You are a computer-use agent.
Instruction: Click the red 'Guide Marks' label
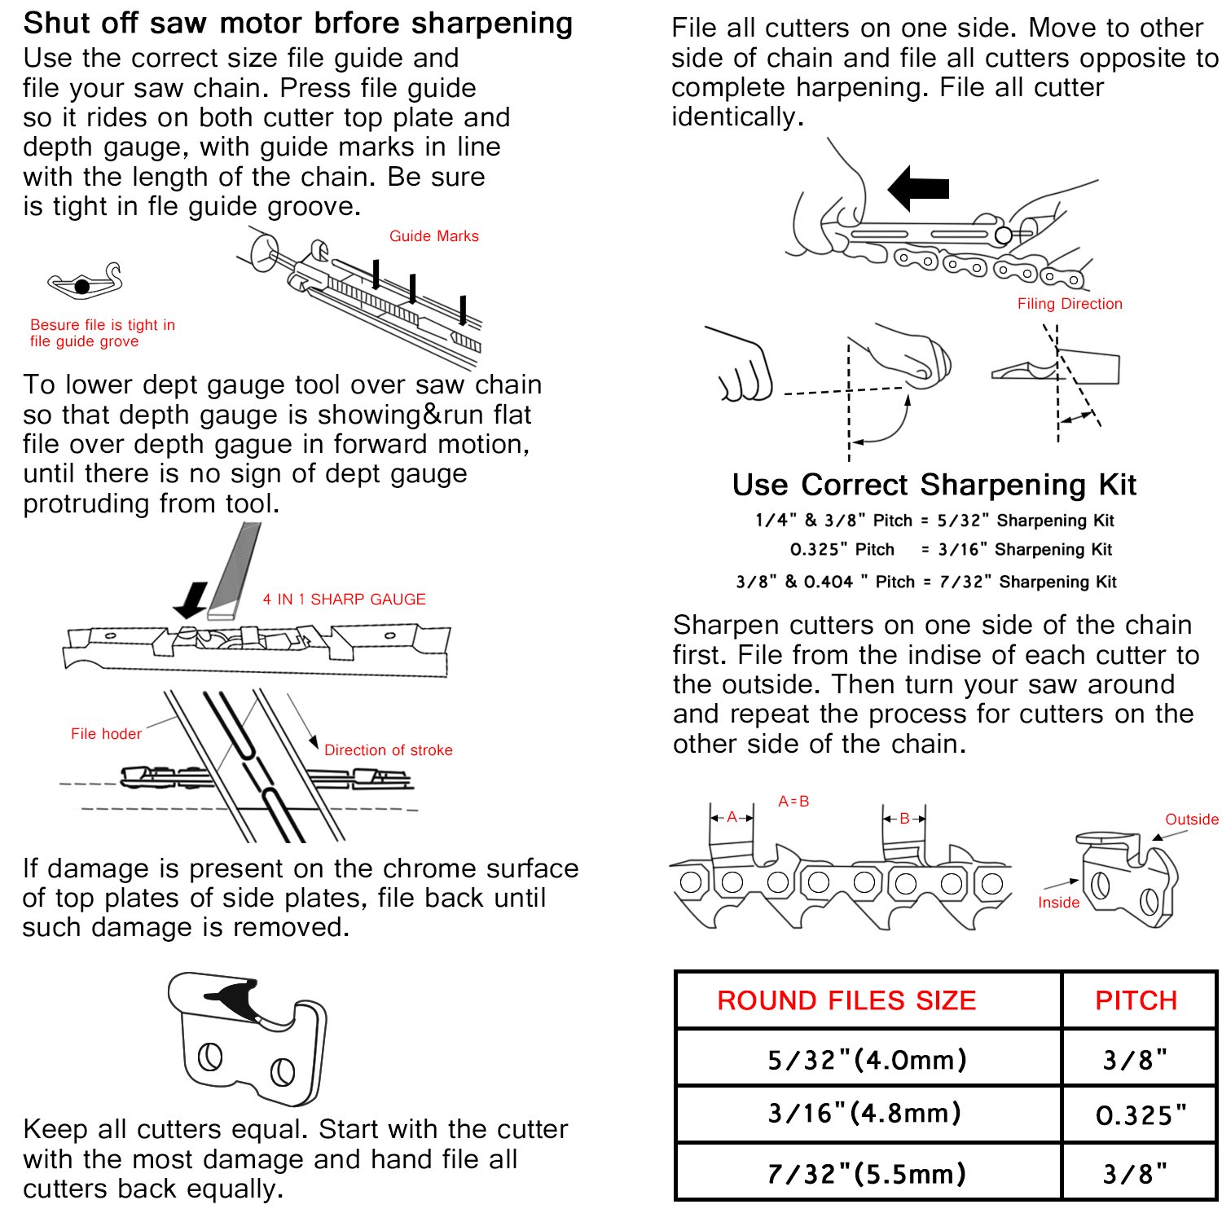(433, 236)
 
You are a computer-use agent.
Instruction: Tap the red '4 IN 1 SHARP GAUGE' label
(344, 600)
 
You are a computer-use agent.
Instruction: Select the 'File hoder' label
(106, 734)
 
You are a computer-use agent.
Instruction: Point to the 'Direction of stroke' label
(388, 750)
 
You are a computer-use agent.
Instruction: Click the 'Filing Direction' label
(1070, 304)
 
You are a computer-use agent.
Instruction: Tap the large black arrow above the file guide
(918, 188)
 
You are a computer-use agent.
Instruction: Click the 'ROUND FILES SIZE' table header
(846, 1000)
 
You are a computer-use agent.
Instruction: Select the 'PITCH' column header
(1136, 1000)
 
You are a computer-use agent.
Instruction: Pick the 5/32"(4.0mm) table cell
(867, 1060)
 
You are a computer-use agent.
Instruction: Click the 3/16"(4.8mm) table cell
(864, 1114)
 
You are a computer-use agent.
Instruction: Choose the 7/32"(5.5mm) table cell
(867, 1174)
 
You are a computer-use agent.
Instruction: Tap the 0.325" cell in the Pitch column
(1141, 1115)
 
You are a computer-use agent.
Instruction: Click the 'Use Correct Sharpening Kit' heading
(934, 485)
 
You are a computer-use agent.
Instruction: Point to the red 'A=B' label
(793, 802)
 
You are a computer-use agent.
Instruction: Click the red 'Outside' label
(1191, 820)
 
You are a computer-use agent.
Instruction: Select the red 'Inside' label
(1058, 903)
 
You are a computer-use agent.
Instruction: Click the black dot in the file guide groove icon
(81, 287)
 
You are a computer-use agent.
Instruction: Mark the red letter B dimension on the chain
(904, 819)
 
